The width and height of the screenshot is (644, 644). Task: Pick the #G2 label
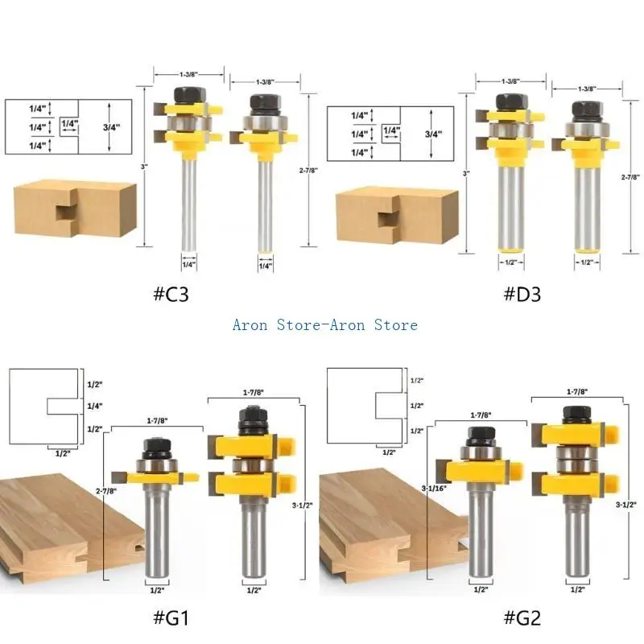524,618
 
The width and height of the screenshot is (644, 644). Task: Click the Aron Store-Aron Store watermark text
324,325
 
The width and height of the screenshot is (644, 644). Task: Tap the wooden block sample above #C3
72,208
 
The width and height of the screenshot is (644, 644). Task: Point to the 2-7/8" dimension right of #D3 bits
630,176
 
